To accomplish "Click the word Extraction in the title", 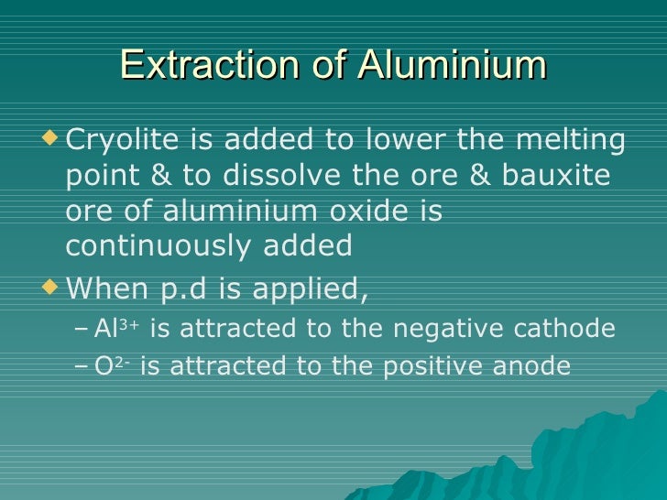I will (202, 66).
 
